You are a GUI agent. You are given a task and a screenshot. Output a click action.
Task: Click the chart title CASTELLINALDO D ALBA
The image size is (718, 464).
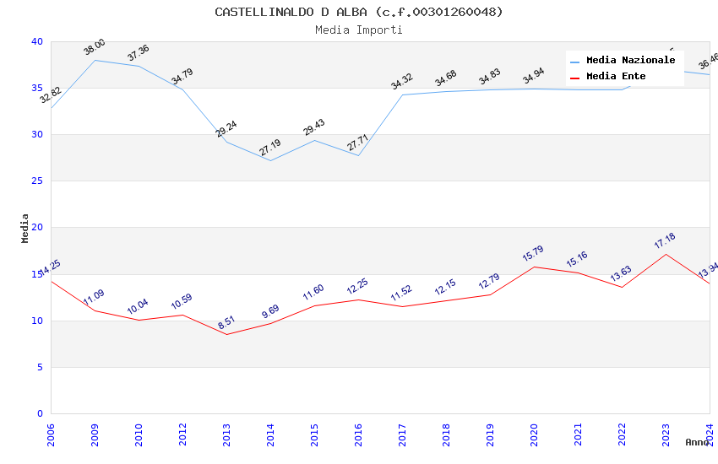click(x=358, y=12)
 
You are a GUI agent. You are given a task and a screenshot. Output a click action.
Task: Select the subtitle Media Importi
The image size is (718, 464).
click(x=358, y=30)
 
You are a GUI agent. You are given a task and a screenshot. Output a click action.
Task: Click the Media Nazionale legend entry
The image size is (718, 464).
click(x=630, y=61)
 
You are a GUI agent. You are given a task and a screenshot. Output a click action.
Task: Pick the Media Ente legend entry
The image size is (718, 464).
click(x=616, y=76)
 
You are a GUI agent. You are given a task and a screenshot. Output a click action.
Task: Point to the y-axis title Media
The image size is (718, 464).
click(x=25, y=228)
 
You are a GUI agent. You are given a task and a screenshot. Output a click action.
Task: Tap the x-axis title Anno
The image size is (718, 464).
click(x=697, y=442)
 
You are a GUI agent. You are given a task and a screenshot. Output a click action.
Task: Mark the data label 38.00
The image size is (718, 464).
click(x=95, y=47)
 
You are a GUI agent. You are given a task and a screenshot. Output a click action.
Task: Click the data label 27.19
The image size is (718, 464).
click(x=270, y=148)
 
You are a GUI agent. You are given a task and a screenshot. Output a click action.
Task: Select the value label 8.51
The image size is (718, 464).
click(x=227, y=323)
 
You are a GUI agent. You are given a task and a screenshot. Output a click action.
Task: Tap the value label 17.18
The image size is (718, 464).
click(x=665, y=241)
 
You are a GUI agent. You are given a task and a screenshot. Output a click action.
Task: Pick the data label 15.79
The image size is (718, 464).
click(x=533, y=254)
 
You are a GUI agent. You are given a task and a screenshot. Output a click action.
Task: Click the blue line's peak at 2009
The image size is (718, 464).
click(x=95, y=60)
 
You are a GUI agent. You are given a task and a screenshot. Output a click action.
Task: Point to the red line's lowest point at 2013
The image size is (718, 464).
click(x=226, y=335)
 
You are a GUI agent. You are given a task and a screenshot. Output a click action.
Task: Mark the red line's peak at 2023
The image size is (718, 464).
click(x=666, y=254)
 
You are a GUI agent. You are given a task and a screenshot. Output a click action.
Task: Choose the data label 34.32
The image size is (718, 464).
click(x=402, y=82)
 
